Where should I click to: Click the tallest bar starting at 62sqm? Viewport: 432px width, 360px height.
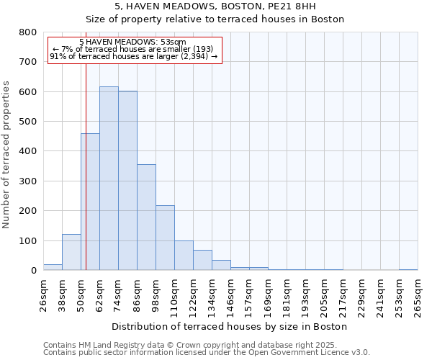109,179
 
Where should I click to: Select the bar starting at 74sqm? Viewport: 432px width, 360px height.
127,181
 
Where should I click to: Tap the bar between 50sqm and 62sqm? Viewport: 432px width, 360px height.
90,202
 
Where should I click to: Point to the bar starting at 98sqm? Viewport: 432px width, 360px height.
165,238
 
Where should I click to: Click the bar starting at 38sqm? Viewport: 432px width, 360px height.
71,252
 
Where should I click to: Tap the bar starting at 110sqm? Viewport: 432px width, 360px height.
184,256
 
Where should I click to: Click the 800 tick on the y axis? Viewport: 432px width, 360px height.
28,32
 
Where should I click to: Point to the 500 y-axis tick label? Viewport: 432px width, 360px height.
28,122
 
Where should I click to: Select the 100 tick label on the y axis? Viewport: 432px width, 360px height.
28,240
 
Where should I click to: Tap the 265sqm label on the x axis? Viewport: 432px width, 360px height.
418,294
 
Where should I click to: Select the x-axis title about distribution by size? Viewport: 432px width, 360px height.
230,326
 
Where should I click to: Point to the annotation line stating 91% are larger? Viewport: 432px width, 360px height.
134,56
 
